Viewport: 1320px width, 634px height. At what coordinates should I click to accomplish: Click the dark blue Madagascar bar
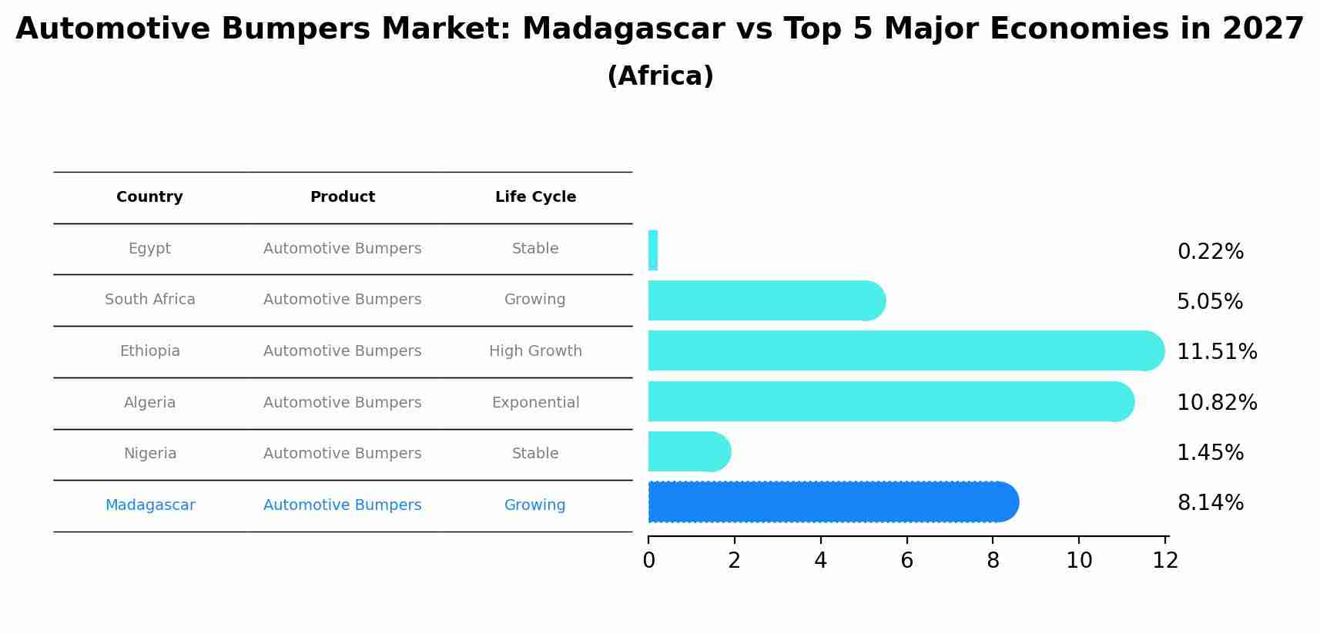coord(832,502)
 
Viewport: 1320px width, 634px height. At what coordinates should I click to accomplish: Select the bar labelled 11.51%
coord(905,351)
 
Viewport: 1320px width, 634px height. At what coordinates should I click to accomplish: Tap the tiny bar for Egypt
coord(653,250)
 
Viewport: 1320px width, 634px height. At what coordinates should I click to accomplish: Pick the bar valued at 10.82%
coord(889,401)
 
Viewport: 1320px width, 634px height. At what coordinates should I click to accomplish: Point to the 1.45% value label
coord(1210,453)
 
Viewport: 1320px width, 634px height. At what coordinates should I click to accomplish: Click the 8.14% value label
coord(1210,503)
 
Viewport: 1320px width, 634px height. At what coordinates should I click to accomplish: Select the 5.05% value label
coord(1209,302)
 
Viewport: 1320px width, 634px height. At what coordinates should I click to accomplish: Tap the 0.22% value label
coord(1210,252)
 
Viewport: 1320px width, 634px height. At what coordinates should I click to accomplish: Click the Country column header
coord(149,197)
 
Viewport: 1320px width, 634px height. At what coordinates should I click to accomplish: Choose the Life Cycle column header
coord(535,197)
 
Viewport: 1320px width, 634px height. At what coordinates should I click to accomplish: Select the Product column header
coord(343,197)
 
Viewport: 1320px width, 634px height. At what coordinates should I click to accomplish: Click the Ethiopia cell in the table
coord(150,351)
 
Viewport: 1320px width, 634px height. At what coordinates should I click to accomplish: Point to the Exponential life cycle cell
coord(535,403)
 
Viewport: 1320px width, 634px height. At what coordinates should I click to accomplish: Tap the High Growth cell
coord(535,351)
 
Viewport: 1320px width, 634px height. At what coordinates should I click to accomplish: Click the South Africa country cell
coord(150,300)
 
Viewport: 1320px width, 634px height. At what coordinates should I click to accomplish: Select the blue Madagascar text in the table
coord(150,505)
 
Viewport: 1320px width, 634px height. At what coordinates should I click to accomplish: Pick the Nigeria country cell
coord(150,454)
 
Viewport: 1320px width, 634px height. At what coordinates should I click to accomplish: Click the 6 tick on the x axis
coord(906,561)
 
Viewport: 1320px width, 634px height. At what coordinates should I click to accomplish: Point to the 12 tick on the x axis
coord(1165,561)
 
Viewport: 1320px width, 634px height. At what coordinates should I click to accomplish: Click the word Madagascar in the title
coord(623,29)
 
